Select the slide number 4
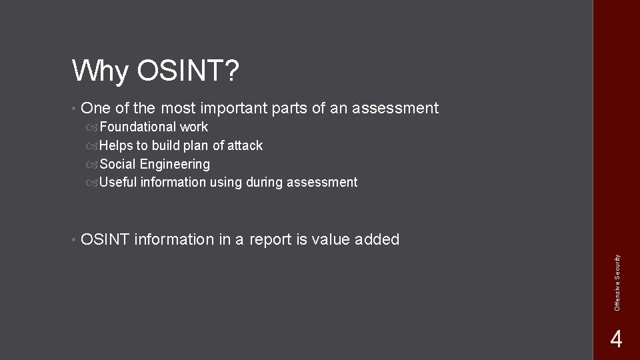616,340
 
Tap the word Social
117,164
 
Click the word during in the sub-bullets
267,182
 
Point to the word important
231,108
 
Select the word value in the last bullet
328,239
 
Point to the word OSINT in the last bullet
105,239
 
